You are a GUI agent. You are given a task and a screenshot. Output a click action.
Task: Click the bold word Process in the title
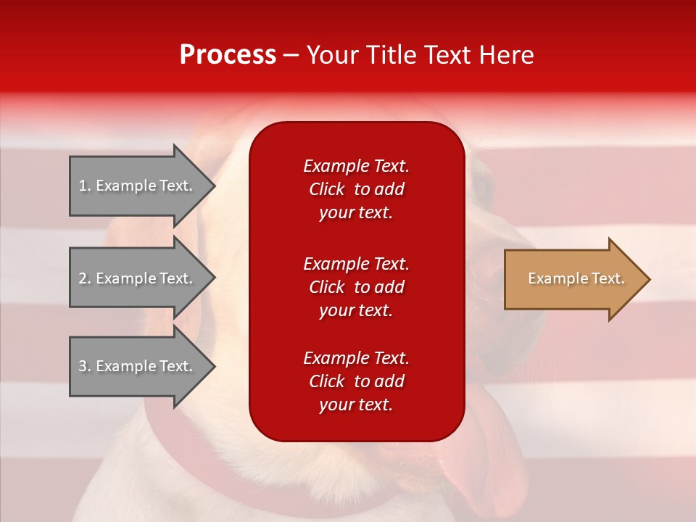pos(228,55)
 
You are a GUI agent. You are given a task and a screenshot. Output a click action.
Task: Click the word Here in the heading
pos(505,55)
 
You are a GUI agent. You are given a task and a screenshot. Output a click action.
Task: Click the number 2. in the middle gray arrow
pos(85,278)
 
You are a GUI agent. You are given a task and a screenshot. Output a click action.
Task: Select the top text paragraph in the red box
pos(356,189)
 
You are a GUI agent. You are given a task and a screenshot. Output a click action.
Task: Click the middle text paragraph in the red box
pos(356,287)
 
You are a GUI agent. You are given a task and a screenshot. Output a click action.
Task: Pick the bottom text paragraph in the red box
pos(356,381)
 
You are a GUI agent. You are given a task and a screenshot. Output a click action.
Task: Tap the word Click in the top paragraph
pos(327,189)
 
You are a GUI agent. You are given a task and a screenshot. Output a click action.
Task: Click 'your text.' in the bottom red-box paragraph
pos(356,405)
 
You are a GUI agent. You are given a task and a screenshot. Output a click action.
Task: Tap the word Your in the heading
pos(330,55)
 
